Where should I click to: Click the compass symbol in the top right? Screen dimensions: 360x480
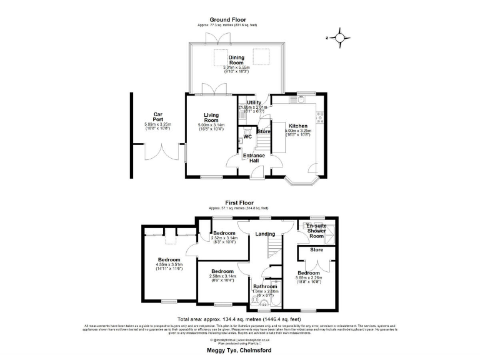[339, 37]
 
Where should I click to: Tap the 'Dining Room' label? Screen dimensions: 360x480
[236, 60]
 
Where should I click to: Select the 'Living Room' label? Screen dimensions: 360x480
[209, 118]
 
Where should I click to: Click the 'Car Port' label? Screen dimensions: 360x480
[158, 117]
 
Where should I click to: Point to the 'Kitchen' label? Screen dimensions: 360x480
[297, 126]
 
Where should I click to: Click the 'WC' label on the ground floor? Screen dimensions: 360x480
[247, 136]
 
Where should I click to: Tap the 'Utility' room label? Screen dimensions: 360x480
[254, 102]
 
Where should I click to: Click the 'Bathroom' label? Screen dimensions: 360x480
[265, 286]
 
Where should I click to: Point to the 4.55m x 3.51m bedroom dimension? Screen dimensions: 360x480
[169, 264]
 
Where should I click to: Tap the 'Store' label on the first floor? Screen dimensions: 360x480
[316, 250]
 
